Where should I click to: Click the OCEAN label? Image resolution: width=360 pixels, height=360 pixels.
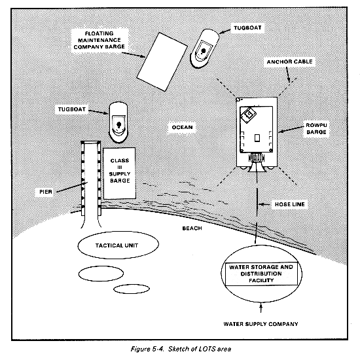[x=183, y=127]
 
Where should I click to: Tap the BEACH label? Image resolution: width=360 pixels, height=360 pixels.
[x=192, y=228]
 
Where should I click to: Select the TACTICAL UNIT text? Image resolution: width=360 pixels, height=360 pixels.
[x=117, y=245]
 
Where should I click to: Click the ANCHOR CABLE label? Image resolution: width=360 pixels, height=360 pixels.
[x=289, y=62]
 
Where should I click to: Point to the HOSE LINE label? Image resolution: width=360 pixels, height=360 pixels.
[x=290, y=204]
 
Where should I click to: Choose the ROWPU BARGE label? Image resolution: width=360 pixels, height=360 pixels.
[x=316, y=128]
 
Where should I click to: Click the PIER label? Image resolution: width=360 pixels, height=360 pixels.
[x=46, y=192]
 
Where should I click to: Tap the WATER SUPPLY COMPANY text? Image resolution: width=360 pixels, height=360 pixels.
[x=261, y=324]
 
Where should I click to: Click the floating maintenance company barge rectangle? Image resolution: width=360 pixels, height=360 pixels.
[x=162, y=62]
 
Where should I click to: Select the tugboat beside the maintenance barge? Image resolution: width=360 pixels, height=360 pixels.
[x=204, y=48]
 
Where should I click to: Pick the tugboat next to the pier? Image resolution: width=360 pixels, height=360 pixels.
[x=118, y=122]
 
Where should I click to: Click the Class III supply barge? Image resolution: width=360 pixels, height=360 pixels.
[x=119, y=173]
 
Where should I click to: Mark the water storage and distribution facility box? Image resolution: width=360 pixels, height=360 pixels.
[x=261, y=274]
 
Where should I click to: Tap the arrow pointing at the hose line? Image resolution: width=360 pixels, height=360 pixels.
[x=264, y=204]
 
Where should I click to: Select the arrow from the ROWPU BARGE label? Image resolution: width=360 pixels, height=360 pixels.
[x=291, y=129]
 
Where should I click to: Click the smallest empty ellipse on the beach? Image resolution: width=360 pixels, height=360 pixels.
[x=132, y=289]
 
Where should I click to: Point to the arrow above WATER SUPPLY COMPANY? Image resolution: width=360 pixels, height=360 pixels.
[x=261, y=308]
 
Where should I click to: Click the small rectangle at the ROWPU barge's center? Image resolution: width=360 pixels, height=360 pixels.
[x=257, y=137]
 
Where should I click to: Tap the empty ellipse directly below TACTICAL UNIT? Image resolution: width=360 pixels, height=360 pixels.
[x=101, y=274]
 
